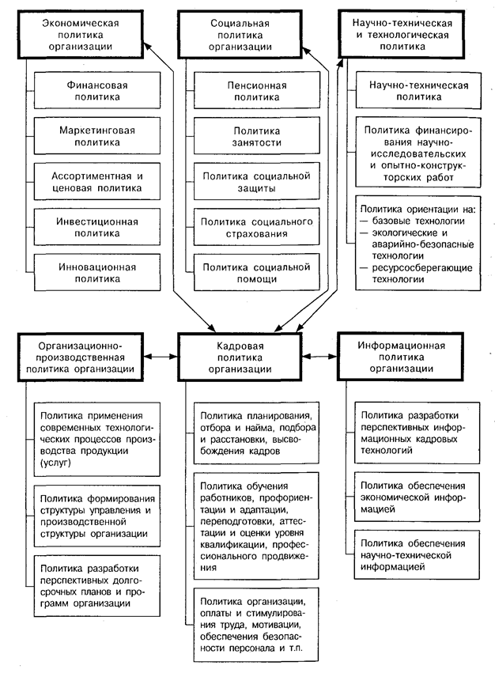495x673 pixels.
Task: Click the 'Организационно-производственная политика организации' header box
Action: (81, 357)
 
